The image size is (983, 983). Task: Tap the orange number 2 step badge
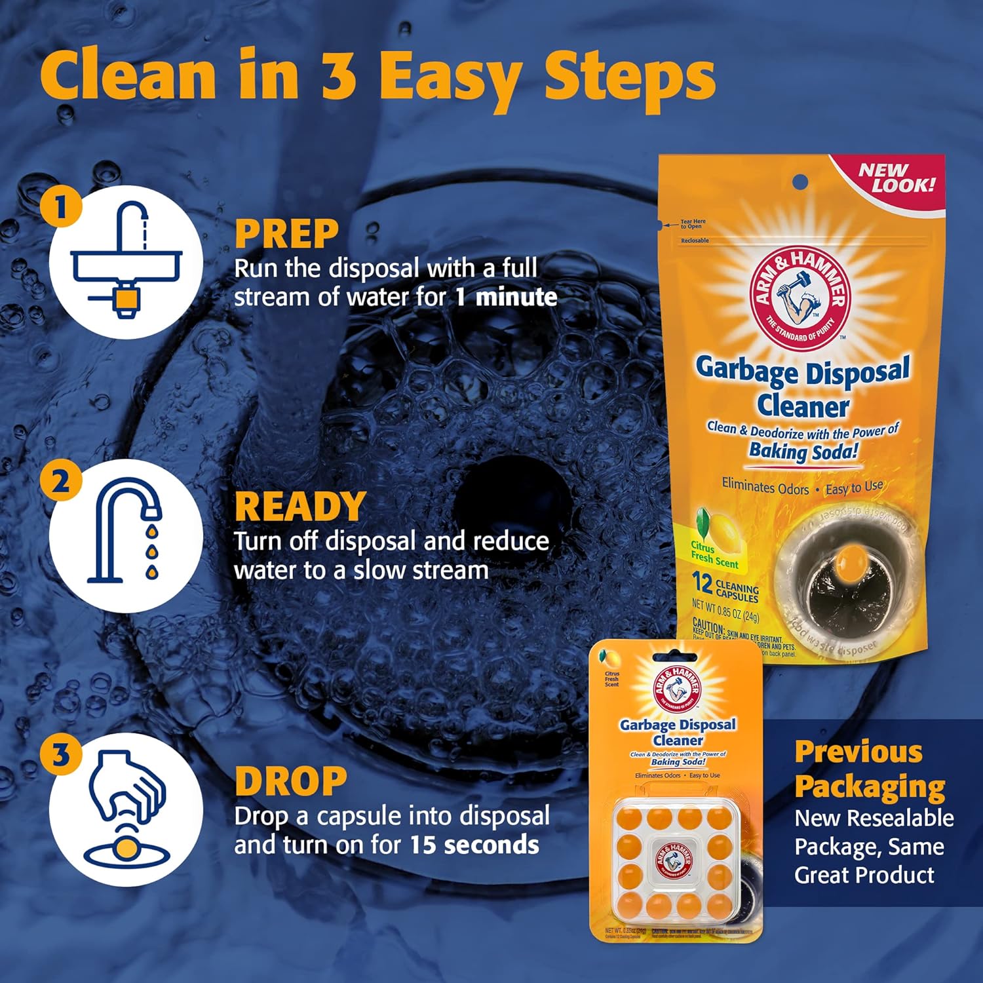[x=61, y=481]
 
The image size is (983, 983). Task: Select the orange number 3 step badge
[x=61, y=755]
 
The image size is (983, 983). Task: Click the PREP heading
[x=286, y=234]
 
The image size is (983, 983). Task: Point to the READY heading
[x=299, y=507]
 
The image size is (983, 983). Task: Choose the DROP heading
[x=290, y=781]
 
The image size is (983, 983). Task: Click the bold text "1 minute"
[x=506, y=298]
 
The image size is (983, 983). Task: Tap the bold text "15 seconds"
[x=474, y=845]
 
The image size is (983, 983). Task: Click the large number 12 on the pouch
[x=703, y=582]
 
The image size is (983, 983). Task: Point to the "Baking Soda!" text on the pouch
[x=803, y=452]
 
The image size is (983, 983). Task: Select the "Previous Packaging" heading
[x=869, y=769]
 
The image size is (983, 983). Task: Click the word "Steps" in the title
[x=629, y=77]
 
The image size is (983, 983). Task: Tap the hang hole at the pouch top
[x=800, y=182]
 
